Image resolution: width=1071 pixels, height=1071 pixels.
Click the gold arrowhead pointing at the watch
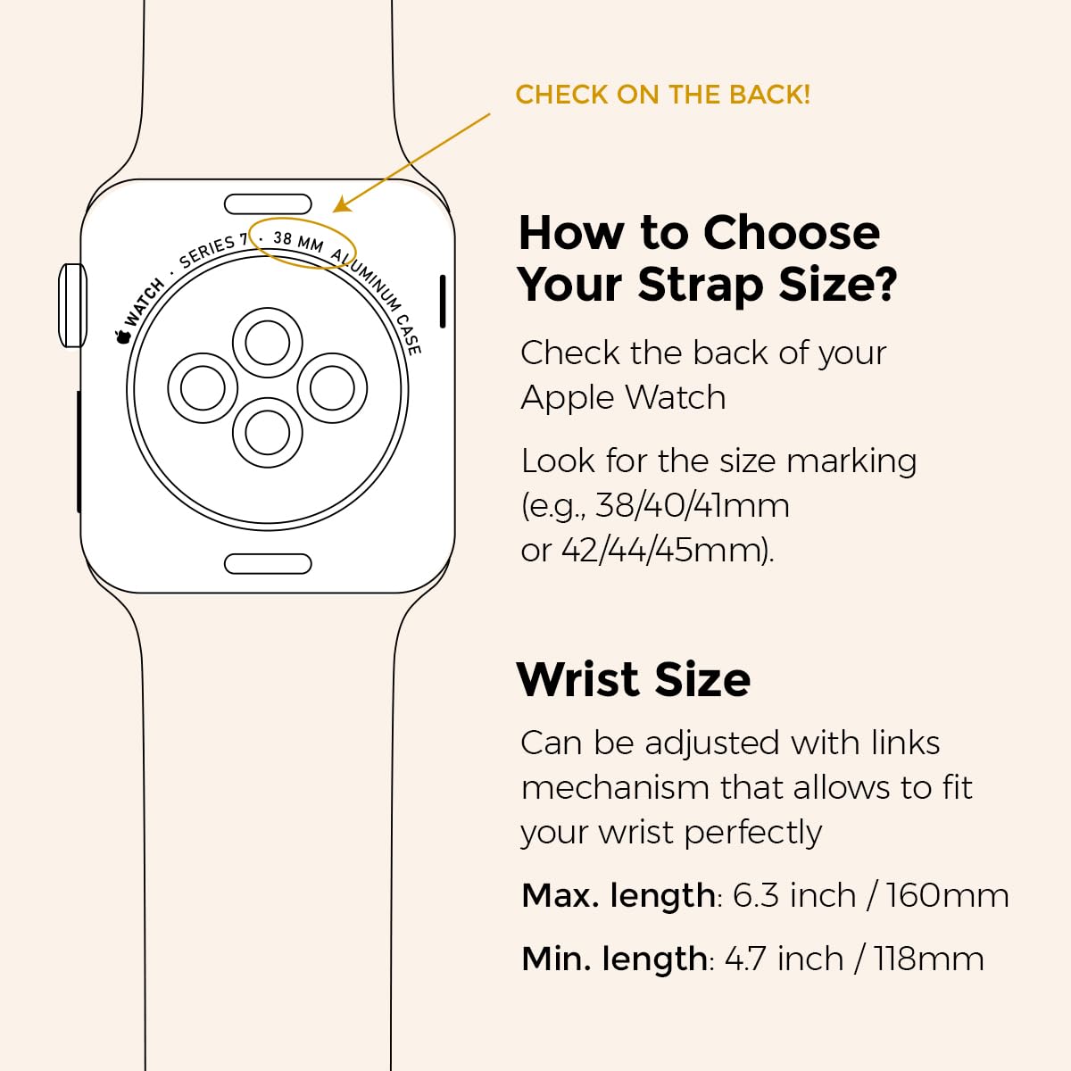[x=340, y=205]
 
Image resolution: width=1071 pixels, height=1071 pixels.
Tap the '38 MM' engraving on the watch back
[x=298, y=242]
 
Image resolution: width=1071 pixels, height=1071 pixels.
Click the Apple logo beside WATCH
[x=122, y=336]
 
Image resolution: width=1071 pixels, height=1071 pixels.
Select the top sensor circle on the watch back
[x=268, y=343]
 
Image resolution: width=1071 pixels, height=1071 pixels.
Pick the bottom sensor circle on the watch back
[x=268, y=432]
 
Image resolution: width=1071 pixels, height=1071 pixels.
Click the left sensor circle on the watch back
[x=203, y=388]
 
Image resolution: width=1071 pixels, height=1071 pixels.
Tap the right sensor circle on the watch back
[x=332, y=388]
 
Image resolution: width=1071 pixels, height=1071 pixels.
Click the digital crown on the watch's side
[x=73, y=306]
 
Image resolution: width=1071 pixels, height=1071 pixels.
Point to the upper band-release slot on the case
[x=268, y=204]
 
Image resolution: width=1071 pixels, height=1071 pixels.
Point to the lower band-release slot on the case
[x=268, y=563]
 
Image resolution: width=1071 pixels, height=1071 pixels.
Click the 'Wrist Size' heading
[x=634, y=679]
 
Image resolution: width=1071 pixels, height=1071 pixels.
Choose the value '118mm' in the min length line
[x=929, y=959]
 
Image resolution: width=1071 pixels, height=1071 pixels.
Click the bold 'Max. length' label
[x=619, y=896]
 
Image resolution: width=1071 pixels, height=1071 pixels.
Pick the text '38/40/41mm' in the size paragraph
[x=692, y=506]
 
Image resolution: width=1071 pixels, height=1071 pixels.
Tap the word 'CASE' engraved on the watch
[x=409, y=335]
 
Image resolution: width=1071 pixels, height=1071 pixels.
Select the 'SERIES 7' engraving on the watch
[x=214, y=251]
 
